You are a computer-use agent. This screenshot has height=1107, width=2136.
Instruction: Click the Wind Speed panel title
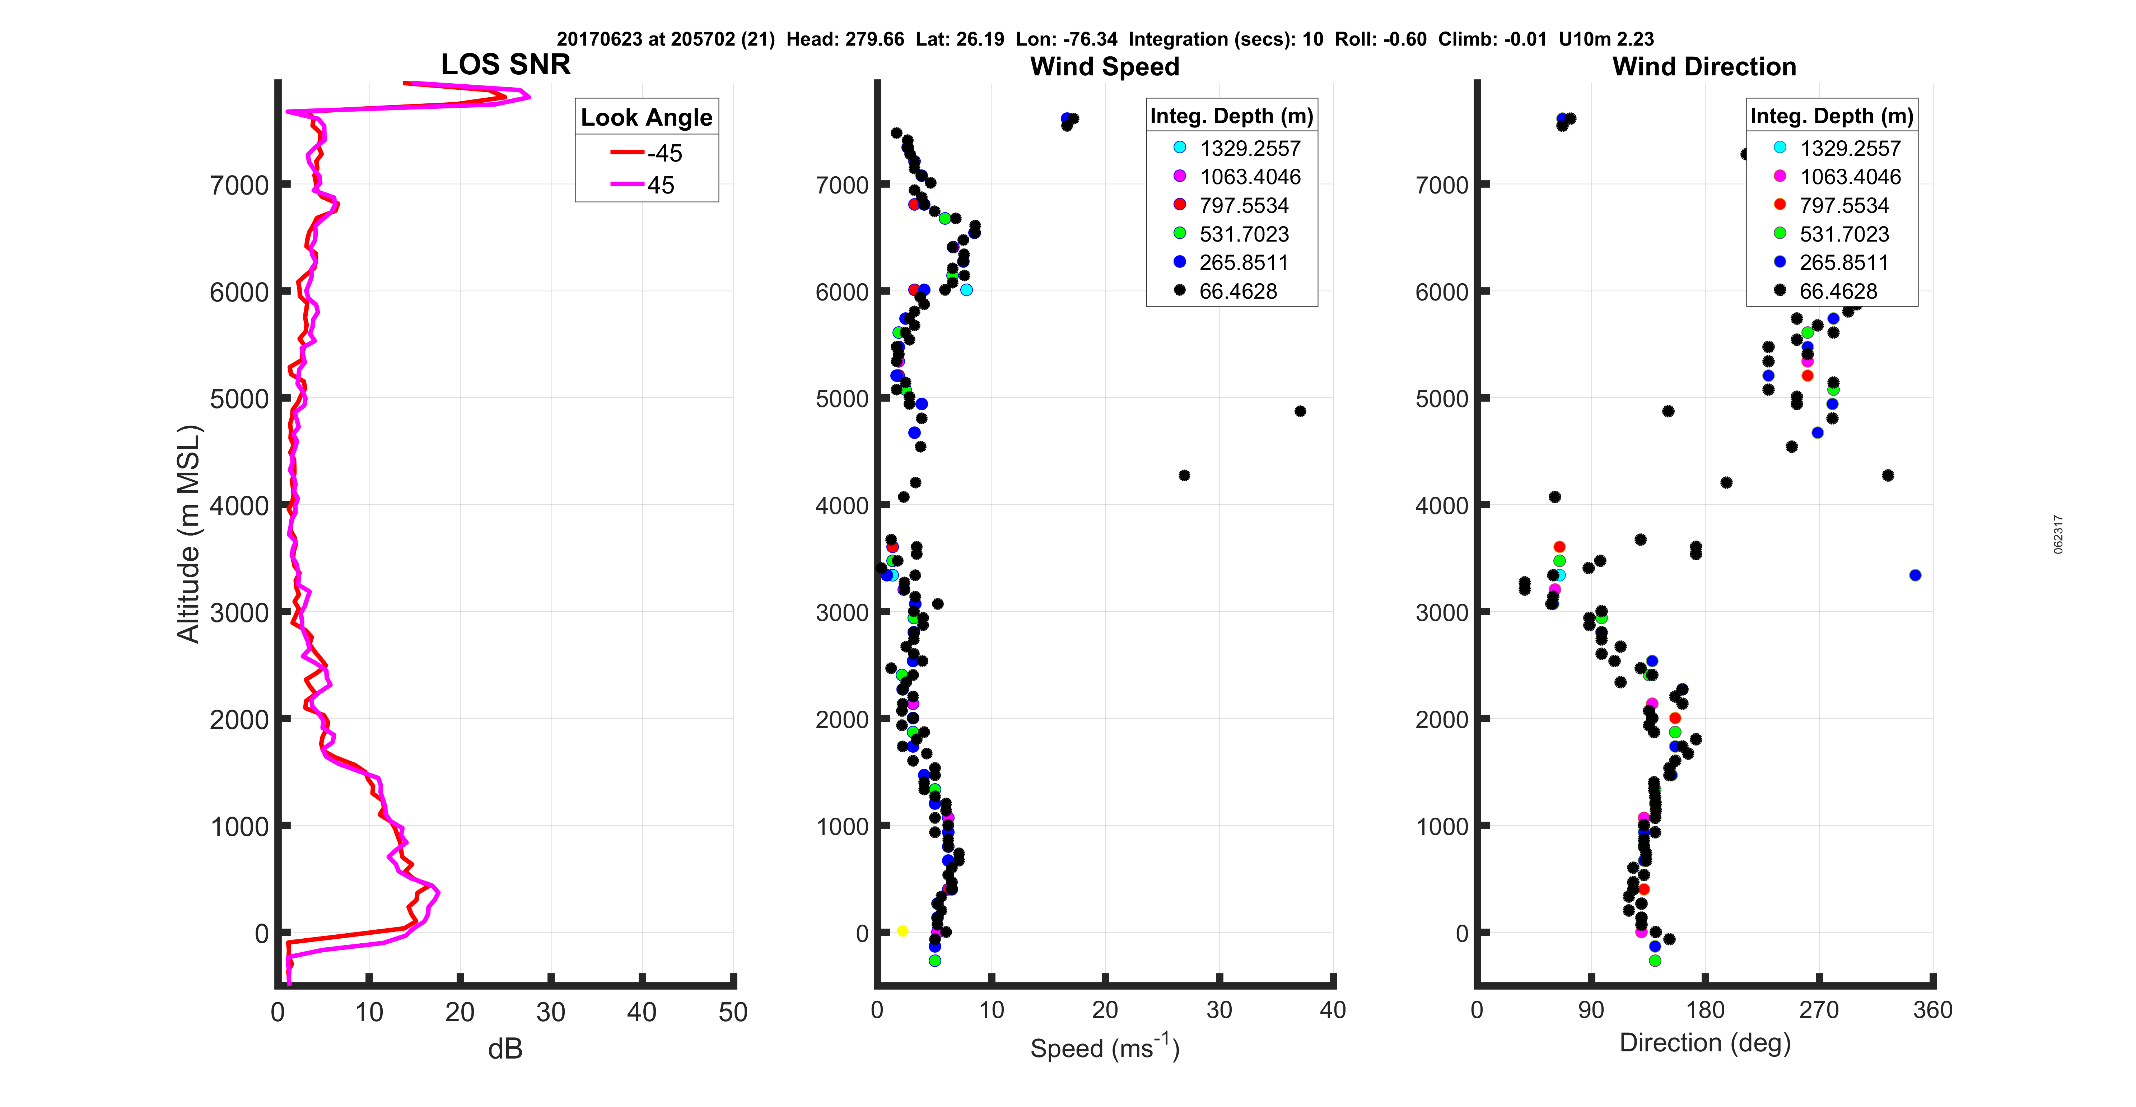[x=1105, y=66]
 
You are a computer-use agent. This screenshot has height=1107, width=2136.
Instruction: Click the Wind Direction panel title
[x=1704, y=66]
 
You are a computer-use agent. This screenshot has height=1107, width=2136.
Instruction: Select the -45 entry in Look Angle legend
[x=647, y=153]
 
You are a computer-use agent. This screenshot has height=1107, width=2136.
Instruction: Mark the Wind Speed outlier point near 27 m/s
[x=1184, y=475]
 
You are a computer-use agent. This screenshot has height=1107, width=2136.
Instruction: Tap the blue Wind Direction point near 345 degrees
[x=1915, y=575]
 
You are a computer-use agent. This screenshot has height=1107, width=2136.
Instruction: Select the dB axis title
[x=505, y=1049]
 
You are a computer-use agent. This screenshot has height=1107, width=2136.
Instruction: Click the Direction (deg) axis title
[x=1705, y=1042]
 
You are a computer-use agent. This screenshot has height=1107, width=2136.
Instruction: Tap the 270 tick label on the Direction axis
[x=1818, y=1010]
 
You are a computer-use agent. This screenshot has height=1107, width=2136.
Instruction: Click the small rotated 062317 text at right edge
[x=2058, y=534]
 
